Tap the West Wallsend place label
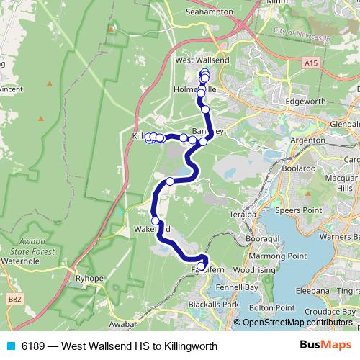[202, 60]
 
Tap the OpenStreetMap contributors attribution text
[297, 323]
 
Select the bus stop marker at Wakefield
[156, 220]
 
